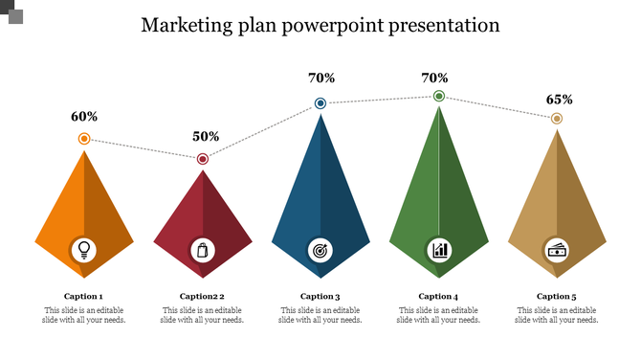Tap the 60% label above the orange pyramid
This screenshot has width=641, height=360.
click(84, 117)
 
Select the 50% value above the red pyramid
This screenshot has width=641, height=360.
click(206, 137)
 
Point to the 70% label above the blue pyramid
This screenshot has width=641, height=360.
click(320, 78)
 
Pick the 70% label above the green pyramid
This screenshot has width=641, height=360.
click(435, 78)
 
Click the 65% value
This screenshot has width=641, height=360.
click(560, 100)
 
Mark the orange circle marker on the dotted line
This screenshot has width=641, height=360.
click(84, 139)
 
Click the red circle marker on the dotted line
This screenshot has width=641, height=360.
click(203, 159)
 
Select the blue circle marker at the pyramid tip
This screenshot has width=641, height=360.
click(320, 103)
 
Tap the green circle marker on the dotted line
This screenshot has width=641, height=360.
click(439, 96)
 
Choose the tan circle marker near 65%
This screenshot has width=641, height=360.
click(557, 119)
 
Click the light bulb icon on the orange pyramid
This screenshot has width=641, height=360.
click(84, 250)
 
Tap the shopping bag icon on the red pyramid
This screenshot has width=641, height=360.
click(202, 250)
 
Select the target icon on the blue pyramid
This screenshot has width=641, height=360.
click(320, 250)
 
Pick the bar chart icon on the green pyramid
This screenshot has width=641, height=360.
click(439, 250)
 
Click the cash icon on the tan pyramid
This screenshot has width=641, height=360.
click(557, 250)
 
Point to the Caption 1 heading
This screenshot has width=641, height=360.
click(84, 297)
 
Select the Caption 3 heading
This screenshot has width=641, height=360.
click(320, 297)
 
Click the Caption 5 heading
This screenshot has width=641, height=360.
click(557, 297)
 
